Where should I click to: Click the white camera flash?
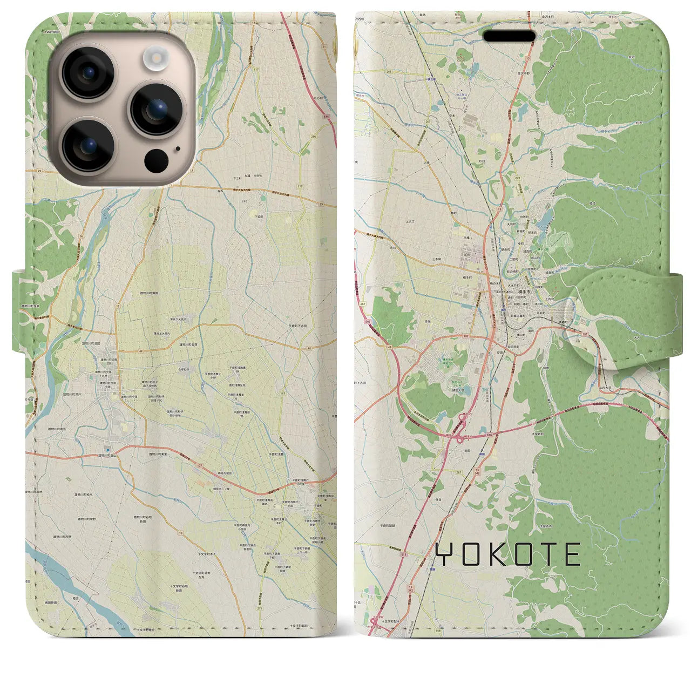point(157,56)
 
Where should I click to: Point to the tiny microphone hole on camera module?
point(178,150)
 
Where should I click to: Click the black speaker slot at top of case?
point(509,36)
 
